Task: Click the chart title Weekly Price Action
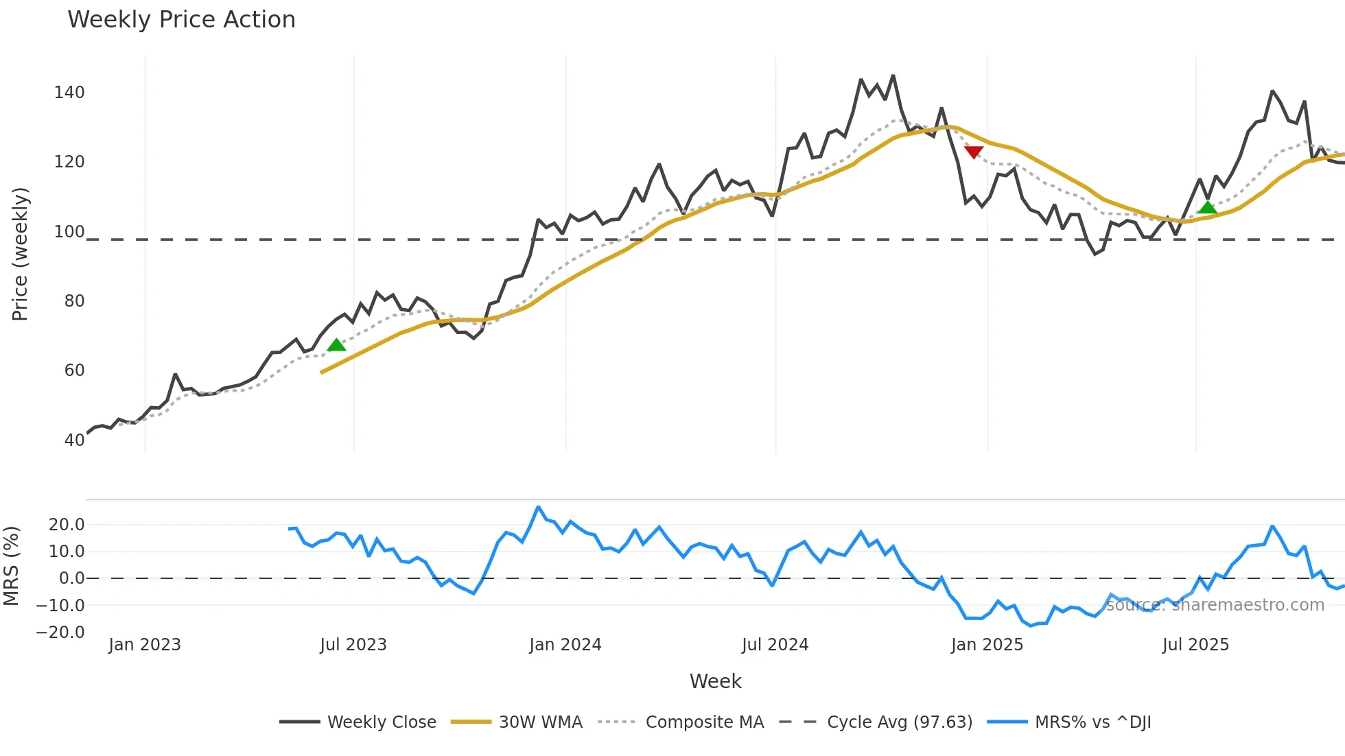(x=181, y=20)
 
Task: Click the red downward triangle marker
(x=973, y=152)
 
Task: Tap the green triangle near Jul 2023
(x=336, y=344)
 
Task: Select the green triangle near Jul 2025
(x=1207, y=207)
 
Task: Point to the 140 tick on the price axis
(x=69, y=93)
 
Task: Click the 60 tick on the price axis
(x=74, y=370)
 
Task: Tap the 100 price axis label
(x=69, y=232)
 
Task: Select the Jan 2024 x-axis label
(x=565, y=645)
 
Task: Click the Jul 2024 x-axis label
(x=775, y=645)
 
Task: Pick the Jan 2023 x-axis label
(x=145, y=645)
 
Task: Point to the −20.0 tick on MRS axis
(x=60, y=633)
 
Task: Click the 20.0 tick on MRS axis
(x=67, y=525)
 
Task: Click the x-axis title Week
(x=715, y=681)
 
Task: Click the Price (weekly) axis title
(x=21, y=254)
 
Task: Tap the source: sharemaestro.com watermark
(x=1215, y=605)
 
